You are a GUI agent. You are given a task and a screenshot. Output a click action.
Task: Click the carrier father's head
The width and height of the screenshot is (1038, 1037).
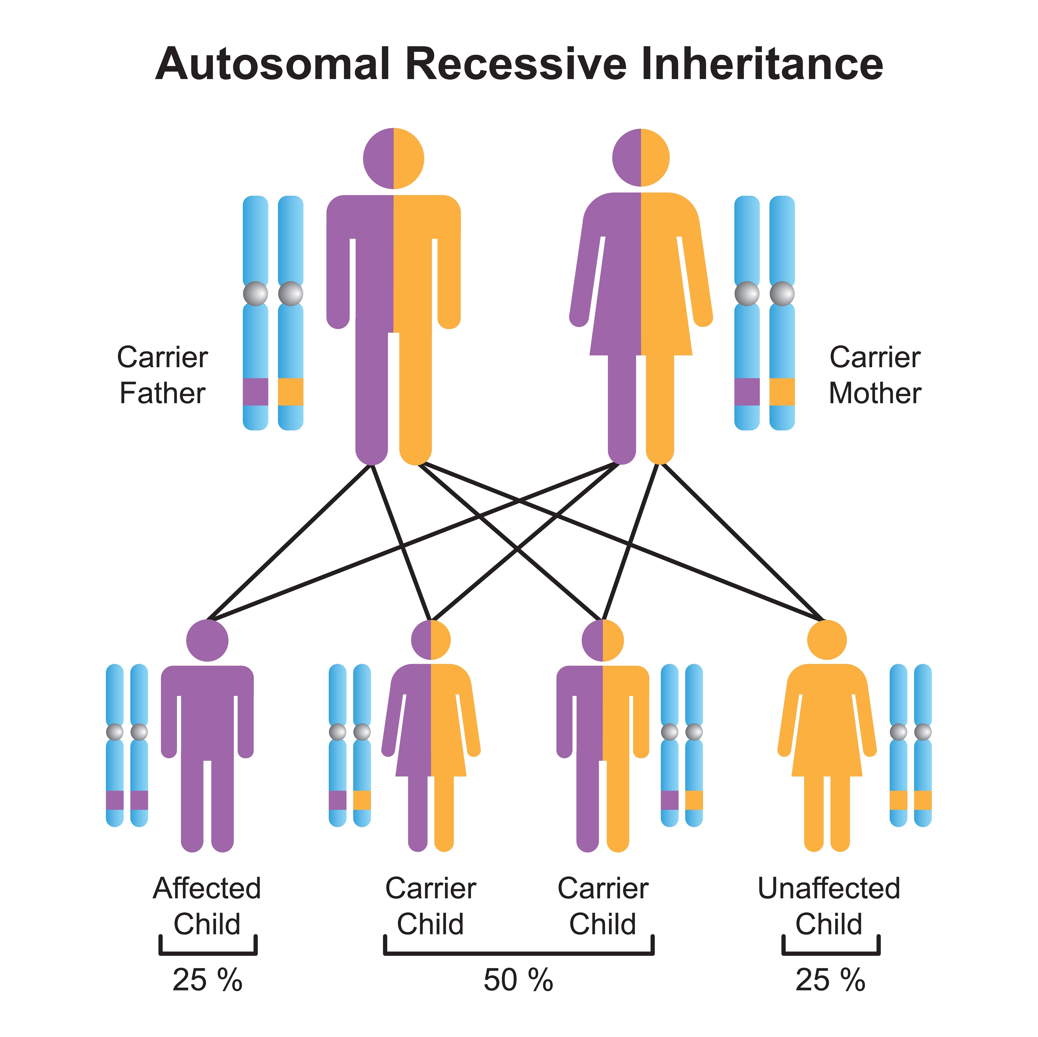393,159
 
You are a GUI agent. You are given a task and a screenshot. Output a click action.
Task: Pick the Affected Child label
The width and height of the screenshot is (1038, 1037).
207,906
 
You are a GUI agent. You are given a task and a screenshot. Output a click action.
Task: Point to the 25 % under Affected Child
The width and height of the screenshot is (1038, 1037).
207,980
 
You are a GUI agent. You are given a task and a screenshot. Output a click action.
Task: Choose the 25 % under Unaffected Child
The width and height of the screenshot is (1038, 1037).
830,980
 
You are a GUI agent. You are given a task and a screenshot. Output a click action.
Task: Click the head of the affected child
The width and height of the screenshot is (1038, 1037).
207,640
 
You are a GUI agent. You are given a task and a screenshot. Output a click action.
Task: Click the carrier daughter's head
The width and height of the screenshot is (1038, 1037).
431,640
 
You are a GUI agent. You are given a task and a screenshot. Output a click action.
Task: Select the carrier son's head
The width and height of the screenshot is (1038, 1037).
603,640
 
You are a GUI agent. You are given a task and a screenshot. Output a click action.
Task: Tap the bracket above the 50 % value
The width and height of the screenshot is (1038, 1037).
518,953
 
